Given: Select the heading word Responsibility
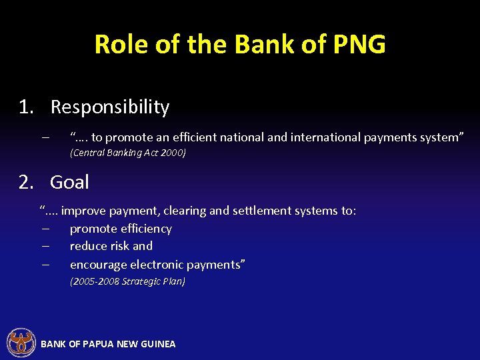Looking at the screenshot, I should click(110, 107).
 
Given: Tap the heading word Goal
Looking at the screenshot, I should click(69, 182).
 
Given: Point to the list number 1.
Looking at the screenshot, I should click(26, 107).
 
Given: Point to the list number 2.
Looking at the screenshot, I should click(26, 182).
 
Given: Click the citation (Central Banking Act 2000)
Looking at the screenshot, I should click(128, 153).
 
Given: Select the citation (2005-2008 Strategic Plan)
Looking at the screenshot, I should click(127, 281).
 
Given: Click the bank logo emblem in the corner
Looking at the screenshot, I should click(21, 343).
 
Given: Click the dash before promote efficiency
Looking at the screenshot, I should click(44, 229).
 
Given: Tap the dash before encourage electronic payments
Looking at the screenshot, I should click(44, 264).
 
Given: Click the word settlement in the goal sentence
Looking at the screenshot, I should click(262, 211).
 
